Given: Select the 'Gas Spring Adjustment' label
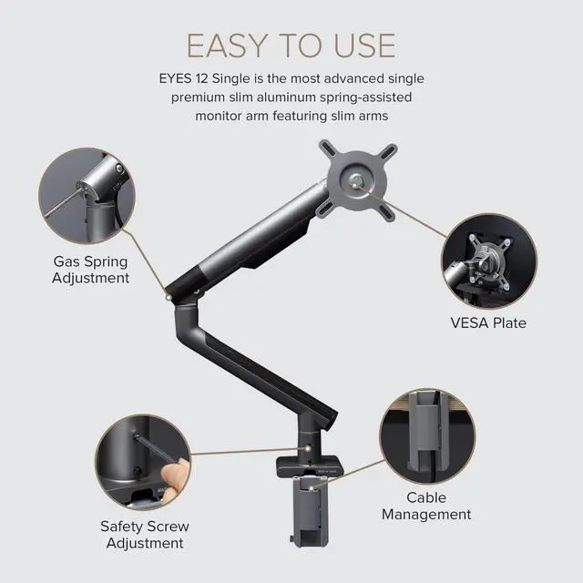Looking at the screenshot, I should point(90,270).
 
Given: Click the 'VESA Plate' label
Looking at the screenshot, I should point(488,322).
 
